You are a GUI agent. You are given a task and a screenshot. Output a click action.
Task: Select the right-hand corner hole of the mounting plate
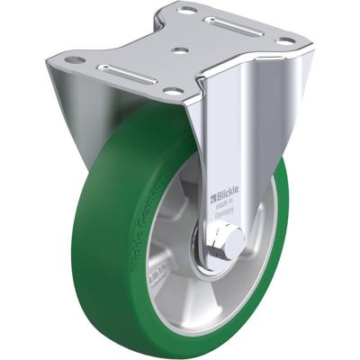click(x=285, y=40)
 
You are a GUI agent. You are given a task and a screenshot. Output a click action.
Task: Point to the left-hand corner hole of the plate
click(x=77, y=60)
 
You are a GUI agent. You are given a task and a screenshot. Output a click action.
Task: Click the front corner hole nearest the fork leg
click(x=169, y=92)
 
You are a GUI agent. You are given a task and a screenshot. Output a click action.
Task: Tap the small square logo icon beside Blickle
click(x=212, y=192)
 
